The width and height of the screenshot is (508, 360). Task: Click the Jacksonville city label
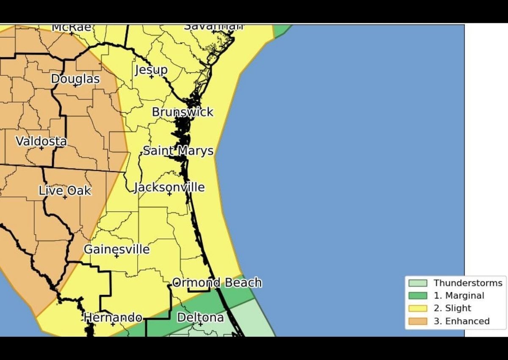pyautogui.click(x=169, y=187)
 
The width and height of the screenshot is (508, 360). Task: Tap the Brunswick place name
pyautogui.click(x=182, y=112)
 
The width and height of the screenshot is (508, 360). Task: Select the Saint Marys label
pyautogui.click(x=178, y=151)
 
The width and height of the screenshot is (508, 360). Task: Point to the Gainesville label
pyautogui.click(x=116, y=249)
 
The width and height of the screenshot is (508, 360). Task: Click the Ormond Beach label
pyautogui.click(x=217, y=282)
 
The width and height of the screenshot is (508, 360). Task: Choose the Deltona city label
pyautogui.click(x=200, y=317)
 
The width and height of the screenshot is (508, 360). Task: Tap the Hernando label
pyautogui.click(x=113, y=317)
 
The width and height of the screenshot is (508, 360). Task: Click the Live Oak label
pyautogui.click(x=65, y=191)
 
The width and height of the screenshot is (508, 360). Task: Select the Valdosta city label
pyautogui.click(x=41, y=141)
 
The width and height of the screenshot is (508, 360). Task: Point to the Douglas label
pyautogui.click(x=75, y=79)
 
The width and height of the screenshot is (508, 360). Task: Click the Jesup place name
pyautogui.click(x=151, y=70)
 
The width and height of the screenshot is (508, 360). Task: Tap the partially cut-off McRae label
pyautogui.click(x=71, y=28)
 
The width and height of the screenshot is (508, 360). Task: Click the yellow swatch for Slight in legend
pyautogui.click(x=417, y=308)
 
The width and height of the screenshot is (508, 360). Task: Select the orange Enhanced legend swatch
pyautogui.click(x=417, y=321)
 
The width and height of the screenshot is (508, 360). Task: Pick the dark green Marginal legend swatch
pyautogui.click(x=417, y=296)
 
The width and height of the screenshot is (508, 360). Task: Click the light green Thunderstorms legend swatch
pyautogui.click(x=417, y=283)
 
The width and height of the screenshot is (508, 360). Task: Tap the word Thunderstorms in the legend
pyautogui.click(x=468, y=283)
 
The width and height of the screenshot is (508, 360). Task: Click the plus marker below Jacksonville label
pyautogui.click(x=169, y=194)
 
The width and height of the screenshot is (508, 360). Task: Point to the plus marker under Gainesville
pyautogui.click(x=116, y=256)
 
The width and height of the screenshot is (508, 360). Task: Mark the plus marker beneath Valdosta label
pyautogui.click(x=41, y=148)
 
